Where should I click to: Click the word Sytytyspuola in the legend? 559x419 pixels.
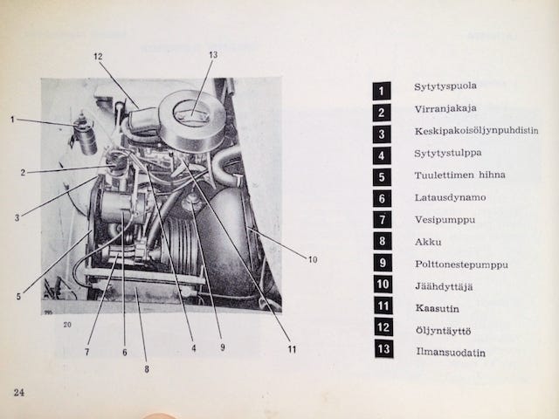pyautogui.click(x=445, y=86)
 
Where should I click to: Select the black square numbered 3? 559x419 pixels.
pyautogui.click(x=382, y=134)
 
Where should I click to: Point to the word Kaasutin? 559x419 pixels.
pyautogui.click(x=437, y=308)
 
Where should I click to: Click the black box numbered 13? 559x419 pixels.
pyautogui.click(x=383, y=349)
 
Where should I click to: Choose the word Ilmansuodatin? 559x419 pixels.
pyautogui.click(x=451, y=353)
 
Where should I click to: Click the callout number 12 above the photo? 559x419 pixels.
pyautogui.click(x=98, y=56)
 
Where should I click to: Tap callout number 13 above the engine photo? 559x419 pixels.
pyautogui.click(x=213, y=54)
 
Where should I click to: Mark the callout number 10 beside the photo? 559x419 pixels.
pyautogui.click(x=313, y=260)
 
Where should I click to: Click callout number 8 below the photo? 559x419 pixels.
pyautogui.click(x=147, y=369)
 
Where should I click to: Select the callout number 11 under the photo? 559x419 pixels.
pyautogui.click(x=292, y=349)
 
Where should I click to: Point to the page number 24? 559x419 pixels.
pyautogui.click(x=19, y=393)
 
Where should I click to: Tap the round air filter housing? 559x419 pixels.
pyautogui.click(x=192, y=121)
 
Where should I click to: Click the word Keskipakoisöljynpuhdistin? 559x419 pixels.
pyautogui.click(x=476, y=131)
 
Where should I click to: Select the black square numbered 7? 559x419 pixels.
pyautogui.click(x=383, y=220)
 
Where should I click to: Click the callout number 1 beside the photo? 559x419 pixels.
pyautogui.click(x=13, y=120)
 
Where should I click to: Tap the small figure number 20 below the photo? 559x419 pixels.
pyautogui.click(x=67, y=325)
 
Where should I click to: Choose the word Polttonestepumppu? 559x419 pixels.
pyautogui.click(x=462, y=264)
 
